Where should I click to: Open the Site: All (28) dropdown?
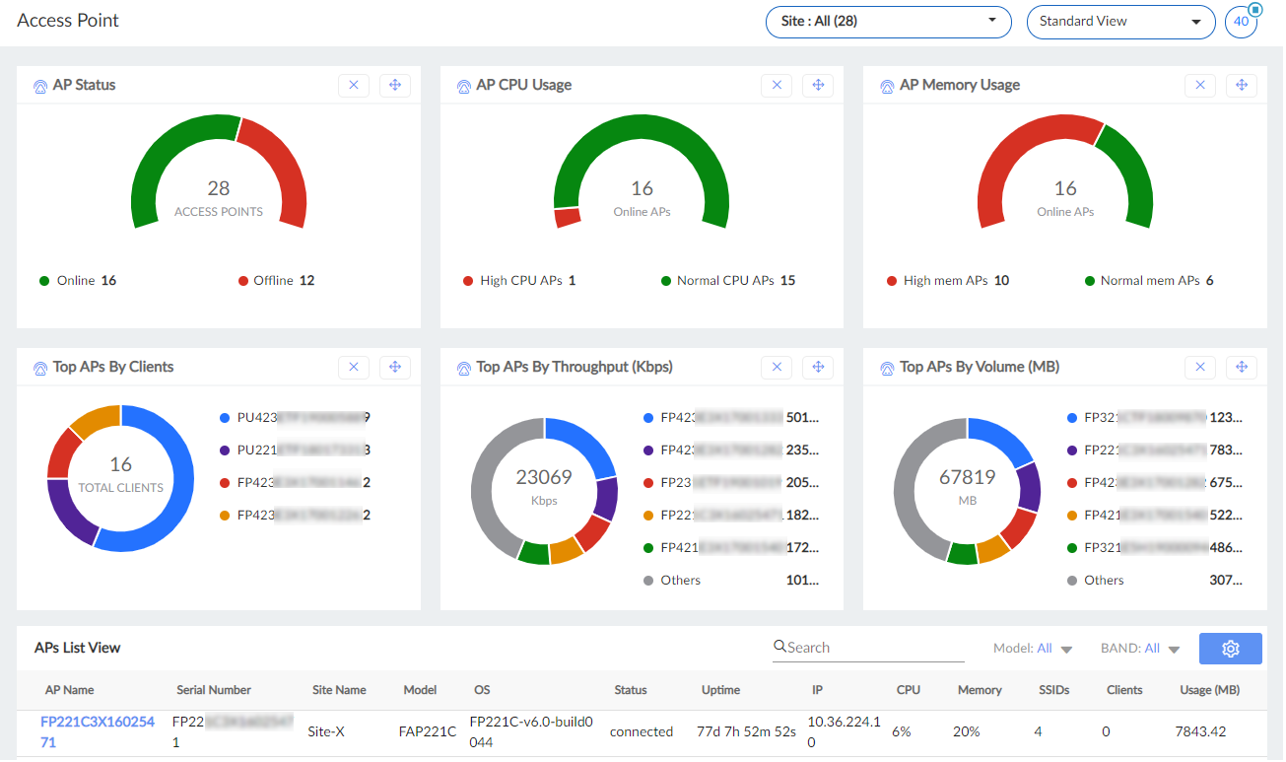point(888,22)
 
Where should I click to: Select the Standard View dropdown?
point(1120,22)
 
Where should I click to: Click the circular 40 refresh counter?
point(1241,22)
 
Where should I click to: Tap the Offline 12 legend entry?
point(277,281)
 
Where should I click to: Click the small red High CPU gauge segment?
point(567,217)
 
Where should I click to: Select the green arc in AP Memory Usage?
point(1129,168)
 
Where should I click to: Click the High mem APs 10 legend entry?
point(947,281)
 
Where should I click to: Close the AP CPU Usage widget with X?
point(777,86)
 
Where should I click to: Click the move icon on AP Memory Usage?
point(1242,86)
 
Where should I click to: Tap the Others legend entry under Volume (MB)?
point(1104,581)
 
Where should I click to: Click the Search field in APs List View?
point(872,648)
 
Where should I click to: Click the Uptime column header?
point(720,690)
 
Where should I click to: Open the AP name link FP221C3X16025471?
point(97,731)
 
